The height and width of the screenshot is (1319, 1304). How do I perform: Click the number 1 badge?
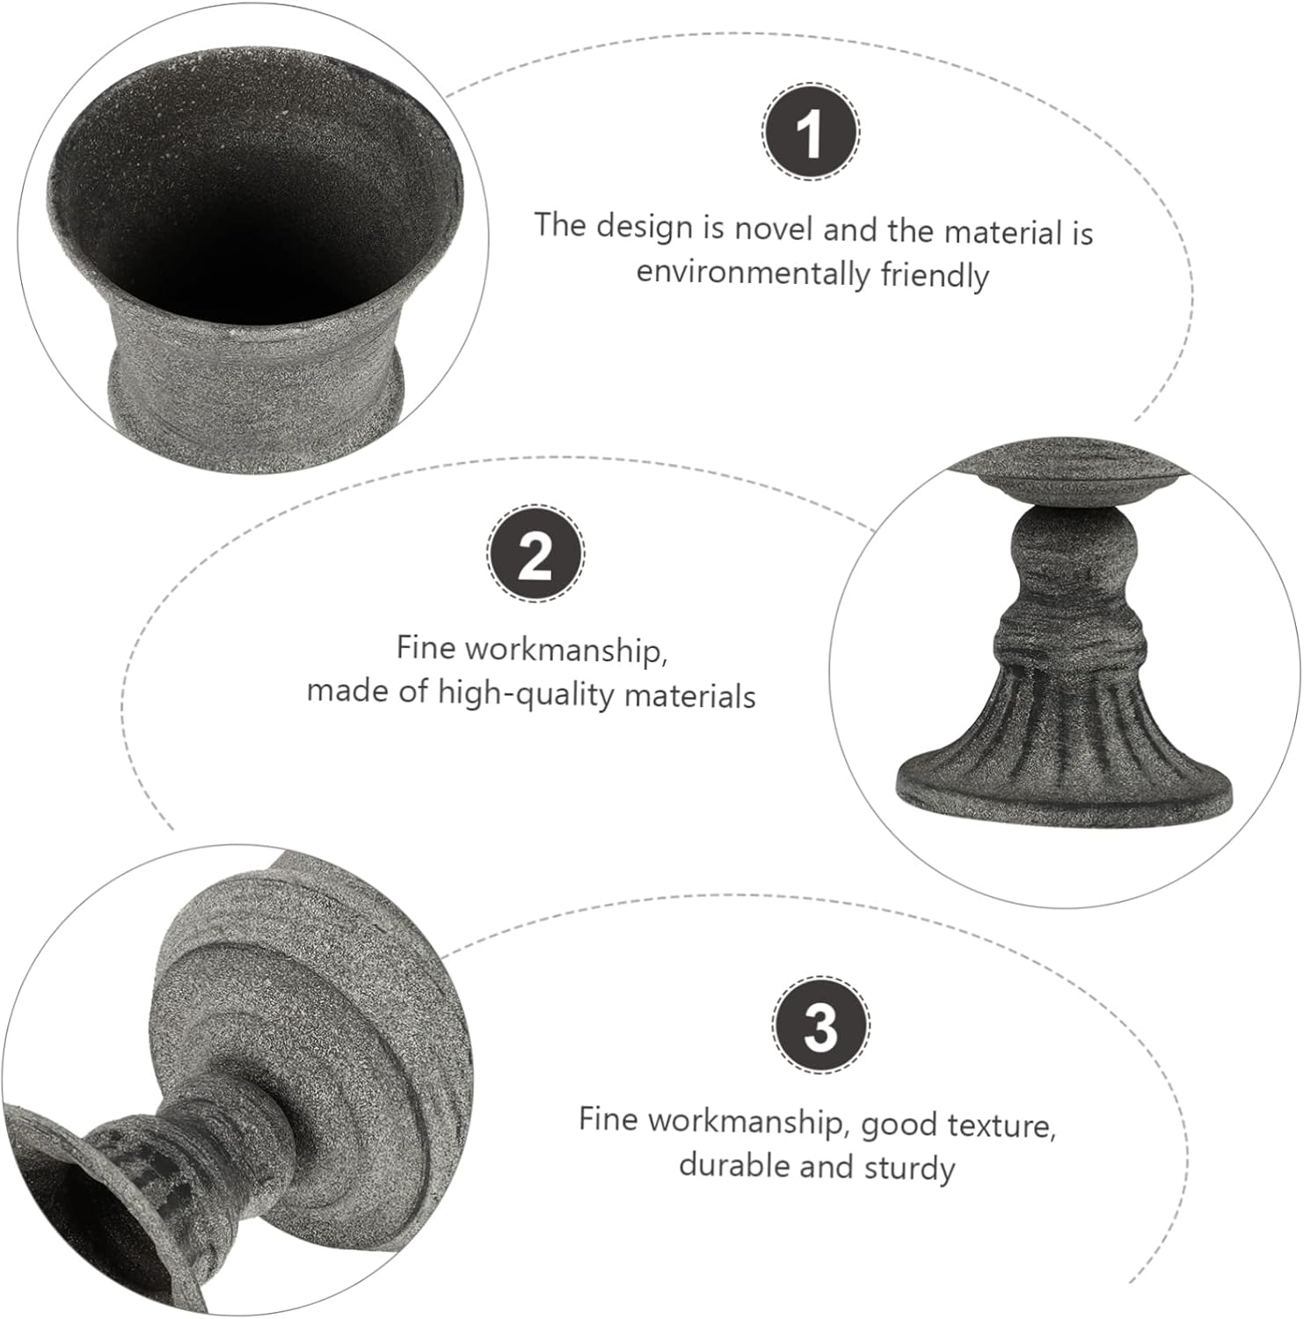click(x=810, y=133)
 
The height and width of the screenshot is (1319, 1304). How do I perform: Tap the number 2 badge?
click(x=535, y=554)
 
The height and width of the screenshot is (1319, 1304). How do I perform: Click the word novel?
click(x=773, y=229)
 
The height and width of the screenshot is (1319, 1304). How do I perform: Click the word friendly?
click(x=935, y=275)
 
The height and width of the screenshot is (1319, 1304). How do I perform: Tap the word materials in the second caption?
click(x=689, y=696)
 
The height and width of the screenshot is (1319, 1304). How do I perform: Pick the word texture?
click(x=1003, y=1125)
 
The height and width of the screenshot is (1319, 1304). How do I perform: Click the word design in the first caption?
click(x=644, y=226)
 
